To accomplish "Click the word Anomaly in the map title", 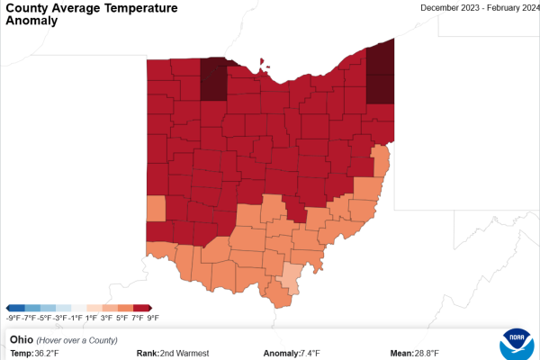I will (x=31, y=21).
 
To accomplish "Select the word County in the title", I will (x=27, y=8).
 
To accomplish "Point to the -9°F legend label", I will (x=13, y=318).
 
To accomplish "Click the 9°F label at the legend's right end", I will (x=153, y=318).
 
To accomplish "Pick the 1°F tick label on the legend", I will (x=91, y=318).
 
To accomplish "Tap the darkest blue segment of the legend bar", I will (x=15, y=308).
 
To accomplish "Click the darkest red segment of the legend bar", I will (x=144, y=308).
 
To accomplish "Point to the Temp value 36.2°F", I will (x=47, y=353).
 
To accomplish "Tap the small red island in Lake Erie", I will (x=263, y=63).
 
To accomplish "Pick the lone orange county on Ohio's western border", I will (x=156, y=209).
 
